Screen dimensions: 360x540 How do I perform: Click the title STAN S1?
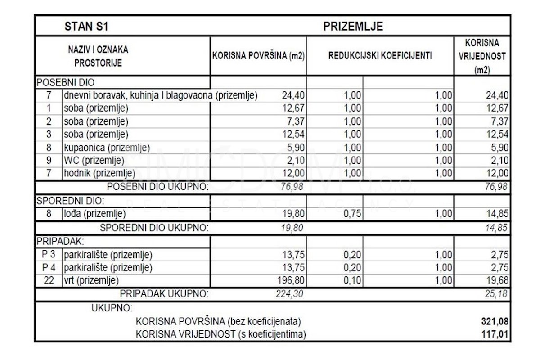[x=86, y=26]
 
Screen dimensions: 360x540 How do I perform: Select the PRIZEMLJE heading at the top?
[x=353, y=26]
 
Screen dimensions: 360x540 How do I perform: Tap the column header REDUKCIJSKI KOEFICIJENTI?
[x=380, y=56]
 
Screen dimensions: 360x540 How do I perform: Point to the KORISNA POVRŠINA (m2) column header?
[x=258, y=57]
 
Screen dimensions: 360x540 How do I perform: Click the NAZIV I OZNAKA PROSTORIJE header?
[x=98, y=56]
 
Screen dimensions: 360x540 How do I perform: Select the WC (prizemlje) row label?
[x=94, y=160]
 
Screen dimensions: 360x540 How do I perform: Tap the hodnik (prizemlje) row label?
[x=99, y=173]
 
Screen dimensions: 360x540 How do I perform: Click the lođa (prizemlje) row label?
[x=94, y=214]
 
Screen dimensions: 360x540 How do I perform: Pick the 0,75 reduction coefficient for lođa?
[x=352, y=214]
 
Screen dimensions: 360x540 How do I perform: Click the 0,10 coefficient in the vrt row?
[x=352, y=281]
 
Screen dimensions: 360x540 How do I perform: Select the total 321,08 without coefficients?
[x=495, y=322]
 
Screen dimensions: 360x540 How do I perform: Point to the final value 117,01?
[x=495, y=334]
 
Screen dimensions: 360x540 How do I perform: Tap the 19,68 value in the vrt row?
[x=498, y=281]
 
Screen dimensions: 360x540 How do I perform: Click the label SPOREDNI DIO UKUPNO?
[x=154, y=228]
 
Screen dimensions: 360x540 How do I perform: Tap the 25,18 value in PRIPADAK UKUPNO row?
[x=497, y=294]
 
